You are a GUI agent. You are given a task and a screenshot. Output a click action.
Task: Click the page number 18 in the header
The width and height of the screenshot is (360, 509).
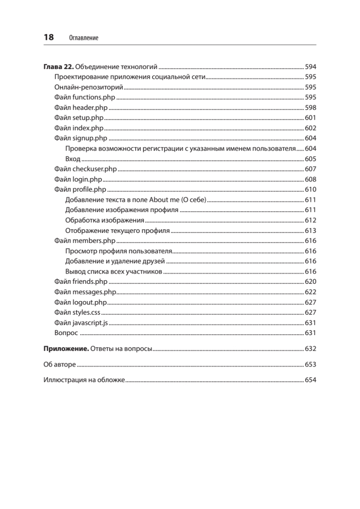pyautogui.click(x=49, y=37)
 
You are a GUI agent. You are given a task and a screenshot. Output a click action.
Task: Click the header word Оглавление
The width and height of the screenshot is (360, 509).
pyautogui.click(x=83, y=38)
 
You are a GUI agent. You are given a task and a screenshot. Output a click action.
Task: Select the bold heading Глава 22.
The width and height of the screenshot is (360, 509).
pyautogui.click(x=59, y=67)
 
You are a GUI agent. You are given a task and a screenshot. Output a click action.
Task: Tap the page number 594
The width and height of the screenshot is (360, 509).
pyautogui.click(x=311, y=67)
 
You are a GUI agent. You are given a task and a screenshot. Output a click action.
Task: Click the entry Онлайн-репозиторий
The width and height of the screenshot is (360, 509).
pyautogui.click(x=89, y=87)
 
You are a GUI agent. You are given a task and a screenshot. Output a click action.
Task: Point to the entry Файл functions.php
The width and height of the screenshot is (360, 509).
pyautogui.click(x=85, y=98)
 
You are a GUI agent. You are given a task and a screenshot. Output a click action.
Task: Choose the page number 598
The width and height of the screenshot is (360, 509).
pyautogui.click(x=311, y=108)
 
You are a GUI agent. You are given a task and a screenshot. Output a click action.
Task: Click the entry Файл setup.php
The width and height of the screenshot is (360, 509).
pyautogui.click(x=79, y=118)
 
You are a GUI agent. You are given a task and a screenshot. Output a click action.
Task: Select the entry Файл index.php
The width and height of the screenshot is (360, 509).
pyautogui.click(x=79, y=128)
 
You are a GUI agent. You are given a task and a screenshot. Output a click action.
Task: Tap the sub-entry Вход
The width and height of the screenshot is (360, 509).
pyautogui.click(x=73, y=159)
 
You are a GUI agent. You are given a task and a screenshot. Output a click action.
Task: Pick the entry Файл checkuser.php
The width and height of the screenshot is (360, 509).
pyautogui.click(x=85, y=169)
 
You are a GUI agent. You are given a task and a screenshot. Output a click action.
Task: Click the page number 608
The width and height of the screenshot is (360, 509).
pyautogui.click(x=311, y=179)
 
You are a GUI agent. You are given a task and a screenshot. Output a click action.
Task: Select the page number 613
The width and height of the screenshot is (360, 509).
pyautogui.click(x=311, y=231)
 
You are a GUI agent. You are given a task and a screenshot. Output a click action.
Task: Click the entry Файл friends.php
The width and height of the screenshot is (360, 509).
pyautogui.click(x=81, y=282)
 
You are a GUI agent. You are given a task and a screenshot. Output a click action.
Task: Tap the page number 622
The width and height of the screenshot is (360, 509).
pyautogui.click(x=311, y=292)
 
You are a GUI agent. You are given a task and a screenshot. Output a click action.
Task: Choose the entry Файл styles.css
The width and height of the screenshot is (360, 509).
pyautogui.click(x=80, y=312)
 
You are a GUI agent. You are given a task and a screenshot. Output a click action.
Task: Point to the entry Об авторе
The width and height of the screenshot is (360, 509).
pyautogui.click(x=59, y=365)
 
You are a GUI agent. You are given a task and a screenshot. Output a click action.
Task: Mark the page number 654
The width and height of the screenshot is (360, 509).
pyautogui.click(x=311, y=380)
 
